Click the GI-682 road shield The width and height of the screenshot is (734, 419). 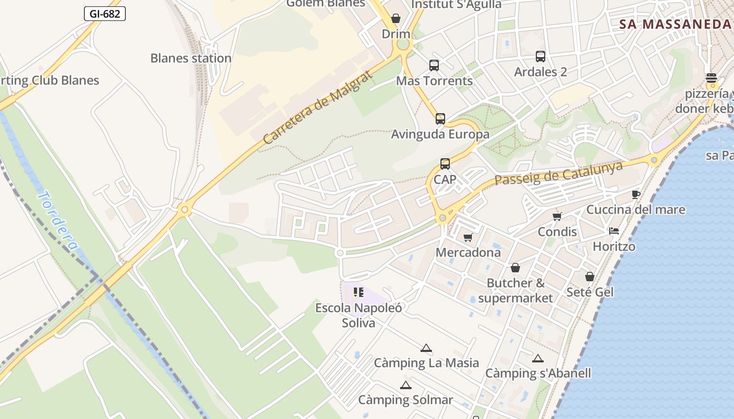click(x=105, y=14)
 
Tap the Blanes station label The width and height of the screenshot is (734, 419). click(x=191, y=58)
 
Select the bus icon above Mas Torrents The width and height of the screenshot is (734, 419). click(x=434, y=65)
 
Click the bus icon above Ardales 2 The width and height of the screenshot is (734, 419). click(x=541, y=57)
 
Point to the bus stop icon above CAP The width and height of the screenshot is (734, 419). click(x=445, y=164)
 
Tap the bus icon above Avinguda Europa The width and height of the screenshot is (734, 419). click(x=440, y=119)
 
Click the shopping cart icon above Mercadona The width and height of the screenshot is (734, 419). click(x=468, y=237)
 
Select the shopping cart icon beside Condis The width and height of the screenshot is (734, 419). click(x=557, y=216)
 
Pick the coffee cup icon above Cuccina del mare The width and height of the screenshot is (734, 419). click(x=635, y=195)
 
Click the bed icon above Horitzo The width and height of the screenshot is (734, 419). click(x=614, y=231)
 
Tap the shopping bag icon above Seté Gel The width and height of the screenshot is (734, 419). click(x=590, y=276)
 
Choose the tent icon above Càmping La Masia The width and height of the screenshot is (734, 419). click(x=426, y=348)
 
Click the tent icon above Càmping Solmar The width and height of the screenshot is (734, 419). click(x=405, y=385)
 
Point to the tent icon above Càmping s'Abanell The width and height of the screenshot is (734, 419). click(x=538, y=359)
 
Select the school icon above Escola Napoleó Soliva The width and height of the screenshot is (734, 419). click(x=359, y=292)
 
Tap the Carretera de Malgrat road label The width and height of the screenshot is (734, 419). click(x=318, y=107)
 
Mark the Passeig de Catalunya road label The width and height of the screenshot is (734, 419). click(x=559, y=173)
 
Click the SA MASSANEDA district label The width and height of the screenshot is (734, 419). click(x=675, y=24)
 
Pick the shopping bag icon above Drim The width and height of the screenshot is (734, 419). click(x=396, y=19)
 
